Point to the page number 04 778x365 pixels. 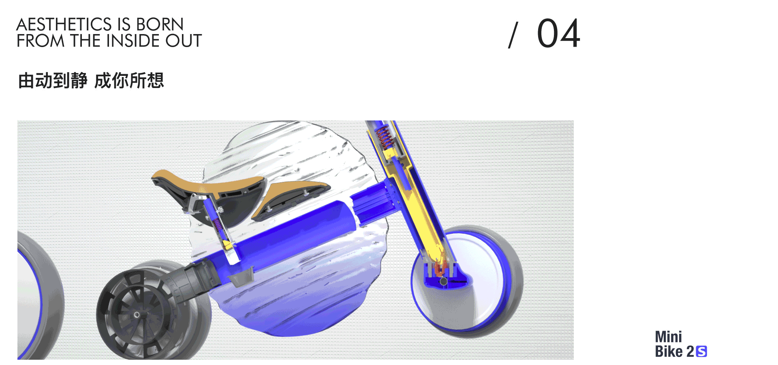pyautogui.click(x=558, y=34)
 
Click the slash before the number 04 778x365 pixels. pyautogui.click(x=513, y=35)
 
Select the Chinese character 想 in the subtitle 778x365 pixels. pyautogui.click(x=156, y=80)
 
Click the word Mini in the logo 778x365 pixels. pyautogui.click(x=668, y=337)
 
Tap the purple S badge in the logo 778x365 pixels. pyautogui.click(x=701, y=352)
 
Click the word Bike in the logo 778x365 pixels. pyautogui.click(x=669, y=352)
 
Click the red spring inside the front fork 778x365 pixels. pyautogui.click(x=385, y=137)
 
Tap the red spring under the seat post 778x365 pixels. pyautogui.click(x=218, y=225)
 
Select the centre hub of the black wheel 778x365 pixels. pyautogui.click(x=137, y=315)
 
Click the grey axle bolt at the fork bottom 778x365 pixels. pyautogui.click(x=444, y=281)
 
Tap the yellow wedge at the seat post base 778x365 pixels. pyautogui.click(x=227, y=245)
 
